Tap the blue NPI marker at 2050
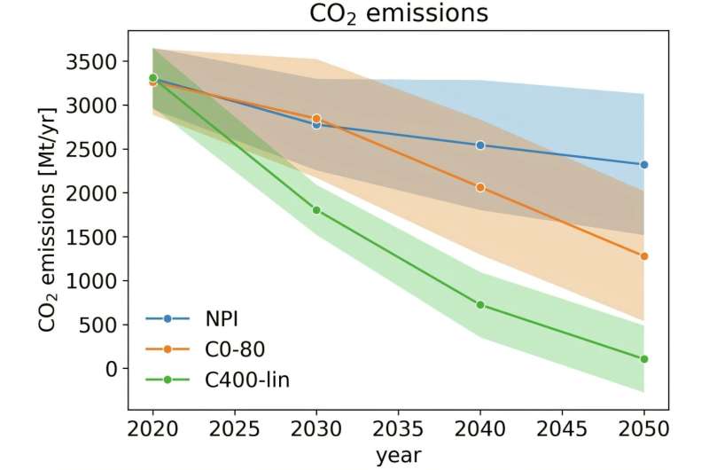click(x=643, y=165)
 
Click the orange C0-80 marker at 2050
click(x=643, y=256)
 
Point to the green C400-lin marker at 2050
click(x=643, y=359)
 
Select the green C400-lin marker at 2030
click(x=316, y=210)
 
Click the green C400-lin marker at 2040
click(x=480, y=305)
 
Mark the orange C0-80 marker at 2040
click(x=480, y=187)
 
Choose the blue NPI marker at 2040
click(x=480, y=145)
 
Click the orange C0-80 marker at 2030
click(x=316, y=118)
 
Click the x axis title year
click(x=398, y=455)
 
